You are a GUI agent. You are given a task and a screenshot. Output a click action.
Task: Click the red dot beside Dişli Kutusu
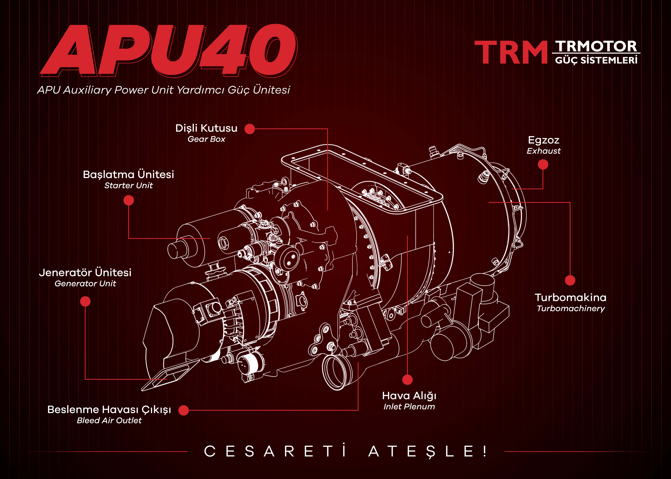[250, 129]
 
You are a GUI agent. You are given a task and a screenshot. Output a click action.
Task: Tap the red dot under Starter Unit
[129, 201]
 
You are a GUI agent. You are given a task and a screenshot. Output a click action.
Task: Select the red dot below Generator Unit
[85, 301]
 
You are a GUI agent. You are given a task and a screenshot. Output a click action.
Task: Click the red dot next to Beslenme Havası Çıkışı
[184, 410]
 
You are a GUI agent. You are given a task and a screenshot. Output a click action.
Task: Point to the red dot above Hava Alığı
[408, 380]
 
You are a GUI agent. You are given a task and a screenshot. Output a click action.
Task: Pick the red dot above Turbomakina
[570, 280]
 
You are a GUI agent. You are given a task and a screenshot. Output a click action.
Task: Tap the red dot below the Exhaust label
[543, 165]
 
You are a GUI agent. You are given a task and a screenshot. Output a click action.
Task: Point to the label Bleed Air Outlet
[109, 421]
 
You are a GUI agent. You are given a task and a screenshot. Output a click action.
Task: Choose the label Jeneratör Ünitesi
[85, 273]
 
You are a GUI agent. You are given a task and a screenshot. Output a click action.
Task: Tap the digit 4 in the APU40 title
[224, 50]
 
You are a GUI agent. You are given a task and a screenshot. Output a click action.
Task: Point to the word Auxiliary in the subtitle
[87, 90]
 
